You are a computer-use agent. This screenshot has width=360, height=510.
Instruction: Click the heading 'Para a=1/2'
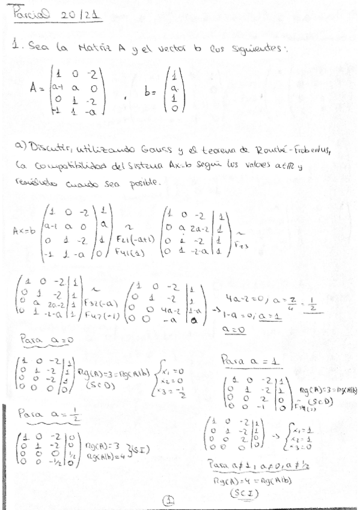(42, 414)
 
